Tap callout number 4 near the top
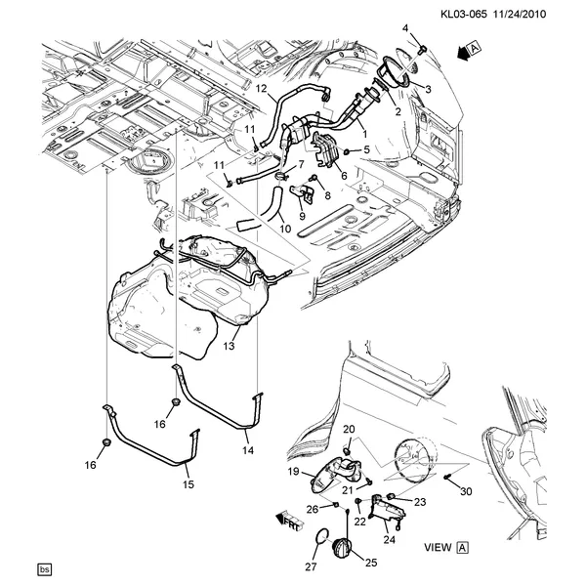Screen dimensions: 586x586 [x=406, y=27]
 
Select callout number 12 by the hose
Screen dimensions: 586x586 [x=261, y=89]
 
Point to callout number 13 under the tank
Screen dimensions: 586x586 [x=230, y=346]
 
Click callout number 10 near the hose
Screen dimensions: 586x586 [x=285, y=230]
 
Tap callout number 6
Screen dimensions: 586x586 [x=344, y=176]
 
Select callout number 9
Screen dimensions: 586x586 [x=302, y=216]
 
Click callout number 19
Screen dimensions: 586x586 [x=292, y=472]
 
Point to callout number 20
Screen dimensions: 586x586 [x=349, y=430]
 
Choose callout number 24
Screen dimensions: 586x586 [x=389, y=538]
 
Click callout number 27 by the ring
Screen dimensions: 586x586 [x=312, y=565]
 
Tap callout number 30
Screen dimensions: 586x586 [x=465, y=490]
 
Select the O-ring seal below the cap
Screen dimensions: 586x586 [x=318, y=538]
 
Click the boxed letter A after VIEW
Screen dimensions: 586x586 [x=463, y=549]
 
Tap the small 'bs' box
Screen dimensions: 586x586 [x=43, y=568]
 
